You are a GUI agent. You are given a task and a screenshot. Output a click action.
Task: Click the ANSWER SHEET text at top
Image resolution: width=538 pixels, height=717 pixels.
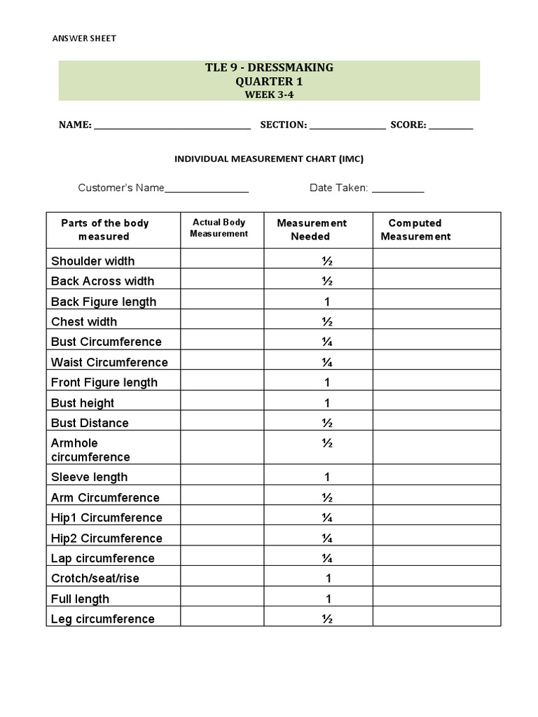coord(84,39)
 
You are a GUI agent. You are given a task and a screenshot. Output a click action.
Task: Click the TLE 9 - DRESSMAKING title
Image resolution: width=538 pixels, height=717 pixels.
coord(269,68)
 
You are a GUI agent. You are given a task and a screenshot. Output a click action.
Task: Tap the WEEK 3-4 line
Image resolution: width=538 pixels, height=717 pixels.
coord(269,95)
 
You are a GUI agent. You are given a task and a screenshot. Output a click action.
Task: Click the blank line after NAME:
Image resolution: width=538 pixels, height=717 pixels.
coord(172,127)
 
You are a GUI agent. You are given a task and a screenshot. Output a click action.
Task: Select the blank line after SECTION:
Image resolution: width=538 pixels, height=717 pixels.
coord(347,127)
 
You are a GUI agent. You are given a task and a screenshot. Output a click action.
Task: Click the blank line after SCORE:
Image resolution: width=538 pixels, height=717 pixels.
coord(450,127)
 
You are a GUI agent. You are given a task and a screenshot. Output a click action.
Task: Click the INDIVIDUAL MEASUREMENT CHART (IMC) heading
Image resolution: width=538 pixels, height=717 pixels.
coord(269,159)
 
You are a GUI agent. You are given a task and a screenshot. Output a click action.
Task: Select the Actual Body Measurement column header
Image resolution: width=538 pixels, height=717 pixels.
coord(219,228)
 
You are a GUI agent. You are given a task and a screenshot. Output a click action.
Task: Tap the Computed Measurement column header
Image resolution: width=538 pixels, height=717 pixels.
coord(415,230)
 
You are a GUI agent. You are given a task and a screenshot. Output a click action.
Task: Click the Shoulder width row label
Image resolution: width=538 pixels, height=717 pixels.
coord(93,261)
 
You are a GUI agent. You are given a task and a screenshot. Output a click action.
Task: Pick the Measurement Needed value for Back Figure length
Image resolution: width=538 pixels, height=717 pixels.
coord(326,302)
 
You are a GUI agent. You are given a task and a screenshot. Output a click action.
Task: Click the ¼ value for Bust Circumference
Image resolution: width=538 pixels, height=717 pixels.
coord(326,342)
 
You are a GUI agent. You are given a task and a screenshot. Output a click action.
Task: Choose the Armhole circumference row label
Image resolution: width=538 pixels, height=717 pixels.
coord(90,450)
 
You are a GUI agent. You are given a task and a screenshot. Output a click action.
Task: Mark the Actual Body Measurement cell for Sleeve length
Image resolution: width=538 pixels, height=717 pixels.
coord(222,478)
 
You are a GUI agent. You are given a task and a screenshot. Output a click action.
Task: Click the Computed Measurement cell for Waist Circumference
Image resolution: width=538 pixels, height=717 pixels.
coord(436,362)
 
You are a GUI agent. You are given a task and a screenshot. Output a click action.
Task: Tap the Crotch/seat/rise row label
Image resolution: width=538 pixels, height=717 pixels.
coord(95,578)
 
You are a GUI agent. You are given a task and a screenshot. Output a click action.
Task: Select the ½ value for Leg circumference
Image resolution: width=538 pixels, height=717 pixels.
coord(326,619)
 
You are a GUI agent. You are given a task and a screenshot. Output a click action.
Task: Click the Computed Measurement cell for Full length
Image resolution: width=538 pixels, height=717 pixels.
coord(436,599)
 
